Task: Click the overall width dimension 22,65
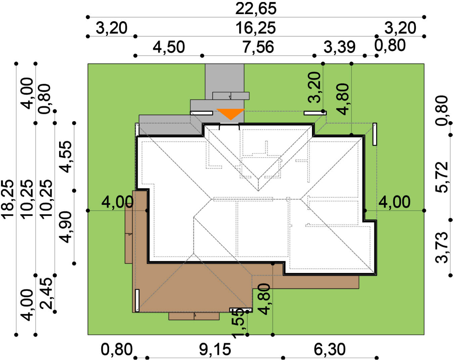[x=256, y=8]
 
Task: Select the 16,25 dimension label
[x=255, y=28]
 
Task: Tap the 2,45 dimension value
[x=46, y=294]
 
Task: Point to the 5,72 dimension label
[x=441, y=177]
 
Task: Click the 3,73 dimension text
[x=441, y=248]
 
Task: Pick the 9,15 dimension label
[x=215, y=350]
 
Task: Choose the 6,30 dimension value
[x=329, y=350]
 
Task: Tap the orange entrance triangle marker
[x=231, y=114]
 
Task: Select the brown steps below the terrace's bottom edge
[x=194, y=316]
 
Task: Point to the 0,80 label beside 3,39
[x=390, y=45]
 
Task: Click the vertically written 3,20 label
[x=314, y=87]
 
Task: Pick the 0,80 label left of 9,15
[x=117, y=350]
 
